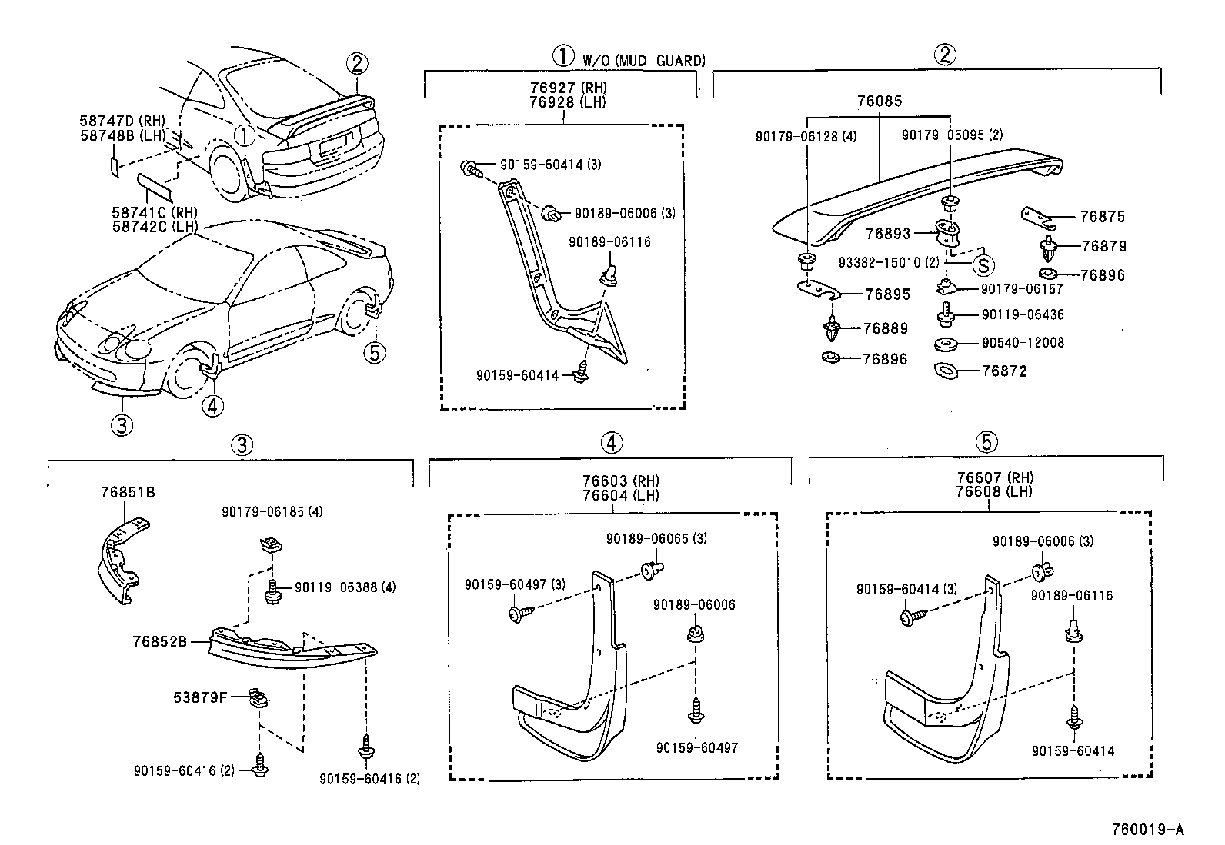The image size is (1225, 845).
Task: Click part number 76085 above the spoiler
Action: (x=880, y=101)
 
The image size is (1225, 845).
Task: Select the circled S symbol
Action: (x=983, y=264)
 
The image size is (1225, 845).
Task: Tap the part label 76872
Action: (x=1004, y=371)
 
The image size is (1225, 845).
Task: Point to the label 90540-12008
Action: (x=1023, y=343)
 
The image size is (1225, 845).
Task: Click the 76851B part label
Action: (x=128, y=492)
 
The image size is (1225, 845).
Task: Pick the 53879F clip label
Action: (x=199, y=698)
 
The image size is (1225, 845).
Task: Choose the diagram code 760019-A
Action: (x=1147, y=829)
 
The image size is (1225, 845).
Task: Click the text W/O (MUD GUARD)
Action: (x=643, y=61)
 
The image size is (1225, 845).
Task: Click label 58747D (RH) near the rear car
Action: (x=122, y=121)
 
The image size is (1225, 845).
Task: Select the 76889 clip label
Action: (x=885, y=328)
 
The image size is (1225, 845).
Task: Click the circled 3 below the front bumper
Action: (x=122, y=424)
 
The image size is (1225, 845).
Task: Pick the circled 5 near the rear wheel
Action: (x=374, y=353)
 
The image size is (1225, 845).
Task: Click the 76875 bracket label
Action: (x=1102, y=218)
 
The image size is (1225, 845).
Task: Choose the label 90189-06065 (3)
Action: (x=656, y=539)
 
